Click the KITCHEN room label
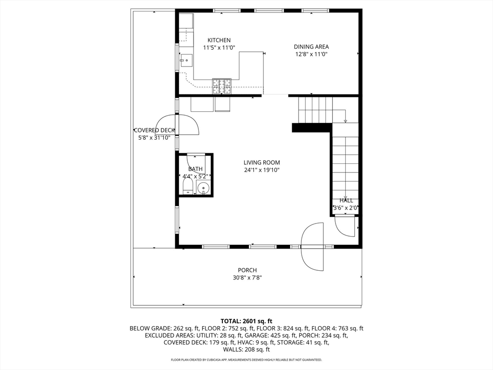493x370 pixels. (219, 40)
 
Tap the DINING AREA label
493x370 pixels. (311, 47)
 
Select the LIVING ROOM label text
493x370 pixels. (261, 163)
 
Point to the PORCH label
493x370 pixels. (247, 270)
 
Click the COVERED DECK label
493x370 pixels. (154, 130)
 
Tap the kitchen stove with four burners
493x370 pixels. (221, 86)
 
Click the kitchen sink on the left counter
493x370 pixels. (185, 61)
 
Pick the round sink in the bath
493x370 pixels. (204, 188)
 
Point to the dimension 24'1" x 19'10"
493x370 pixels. (261, 170)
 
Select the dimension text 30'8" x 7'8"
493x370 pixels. (247, 277)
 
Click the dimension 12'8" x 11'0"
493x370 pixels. (311, 54)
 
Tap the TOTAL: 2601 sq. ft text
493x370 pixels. (246, 321)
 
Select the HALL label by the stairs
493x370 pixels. (346, 200)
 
